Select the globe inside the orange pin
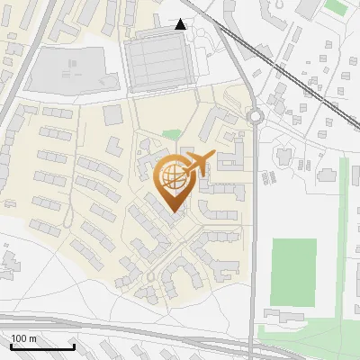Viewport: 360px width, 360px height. (x=173, y=175)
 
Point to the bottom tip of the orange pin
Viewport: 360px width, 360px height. (x=173, y=212)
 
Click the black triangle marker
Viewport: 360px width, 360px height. (x=181, y=24)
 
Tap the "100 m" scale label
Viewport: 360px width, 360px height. (x=24, y=337)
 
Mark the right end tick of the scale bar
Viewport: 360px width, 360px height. (x=74, y=345)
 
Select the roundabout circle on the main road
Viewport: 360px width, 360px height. (x=256, y=115)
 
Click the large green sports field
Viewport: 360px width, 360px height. (x=293, y=273)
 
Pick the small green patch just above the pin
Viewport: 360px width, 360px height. (x=171, y=135)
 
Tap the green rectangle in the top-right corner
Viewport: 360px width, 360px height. (x=335, y=7)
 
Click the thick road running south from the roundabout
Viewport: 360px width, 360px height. (x=254, y=225)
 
